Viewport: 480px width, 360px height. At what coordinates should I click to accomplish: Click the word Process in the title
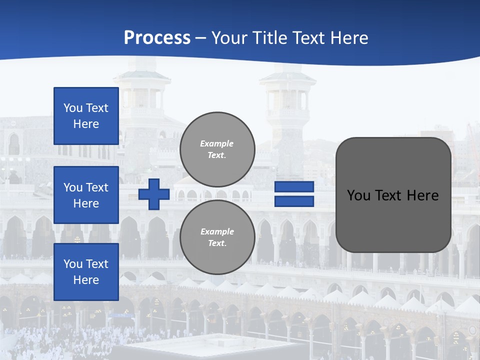click(157, 38)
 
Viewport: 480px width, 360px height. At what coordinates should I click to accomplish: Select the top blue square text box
click(86, 116)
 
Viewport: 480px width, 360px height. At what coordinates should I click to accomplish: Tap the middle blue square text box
click(86, 195)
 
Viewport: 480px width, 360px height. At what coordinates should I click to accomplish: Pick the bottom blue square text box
click(86, 272)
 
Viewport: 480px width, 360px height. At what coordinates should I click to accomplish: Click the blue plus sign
click(154, 194)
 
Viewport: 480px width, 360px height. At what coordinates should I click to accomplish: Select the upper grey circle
click(217, 149)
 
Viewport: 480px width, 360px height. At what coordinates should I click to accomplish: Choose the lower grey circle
click(217, 237)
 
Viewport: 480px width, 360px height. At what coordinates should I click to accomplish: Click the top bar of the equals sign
click(294, 187)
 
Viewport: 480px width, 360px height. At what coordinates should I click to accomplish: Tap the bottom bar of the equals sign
click(294, 201)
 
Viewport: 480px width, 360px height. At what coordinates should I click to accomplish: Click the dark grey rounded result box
click(393, 195)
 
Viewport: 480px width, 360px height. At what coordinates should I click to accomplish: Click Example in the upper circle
click(217, 143)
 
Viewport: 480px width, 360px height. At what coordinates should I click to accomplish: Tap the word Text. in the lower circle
click(217, 243)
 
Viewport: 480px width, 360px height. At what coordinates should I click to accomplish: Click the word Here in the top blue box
click(86, 124)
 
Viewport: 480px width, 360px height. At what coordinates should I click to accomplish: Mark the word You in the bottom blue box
click(73, 264)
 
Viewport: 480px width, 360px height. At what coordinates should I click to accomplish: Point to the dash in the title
click(200, 38)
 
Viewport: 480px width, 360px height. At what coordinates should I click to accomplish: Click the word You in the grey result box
click(359, 195)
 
